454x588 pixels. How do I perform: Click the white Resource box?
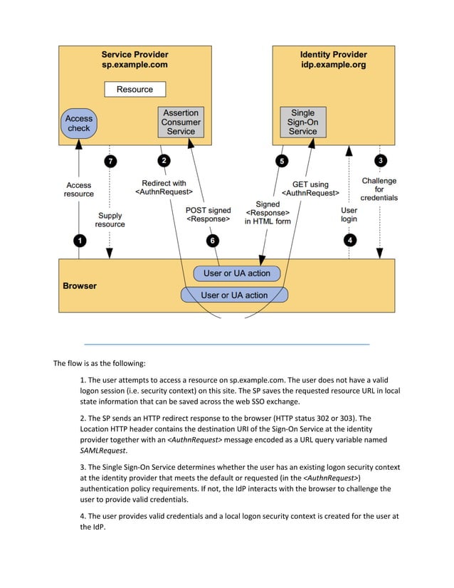click(134, 89)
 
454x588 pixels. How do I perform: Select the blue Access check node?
click(79, 123)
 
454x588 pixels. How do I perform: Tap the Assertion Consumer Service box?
click(181, 122)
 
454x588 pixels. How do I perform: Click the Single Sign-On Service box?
click(302, 122)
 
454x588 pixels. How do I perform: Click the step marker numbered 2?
click(164, 161)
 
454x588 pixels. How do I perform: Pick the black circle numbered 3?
click(381, 161)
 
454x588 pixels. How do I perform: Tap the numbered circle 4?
click(349, 241)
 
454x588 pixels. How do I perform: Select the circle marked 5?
click(282, 162)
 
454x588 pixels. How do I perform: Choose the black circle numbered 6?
click(213, 241)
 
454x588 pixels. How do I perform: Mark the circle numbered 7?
click(110, 162)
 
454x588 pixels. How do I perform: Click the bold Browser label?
click(80, 286)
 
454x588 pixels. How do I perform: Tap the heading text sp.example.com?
click(134, 64)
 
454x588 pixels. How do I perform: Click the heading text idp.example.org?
click(333, 64)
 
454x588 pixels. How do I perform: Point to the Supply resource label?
click(110, 219)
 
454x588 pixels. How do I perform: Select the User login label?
click(349, 214)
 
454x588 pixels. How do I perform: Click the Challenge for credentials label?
click(379, 189)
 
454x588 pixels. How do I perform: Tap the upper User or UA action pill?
click(237, 273)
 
